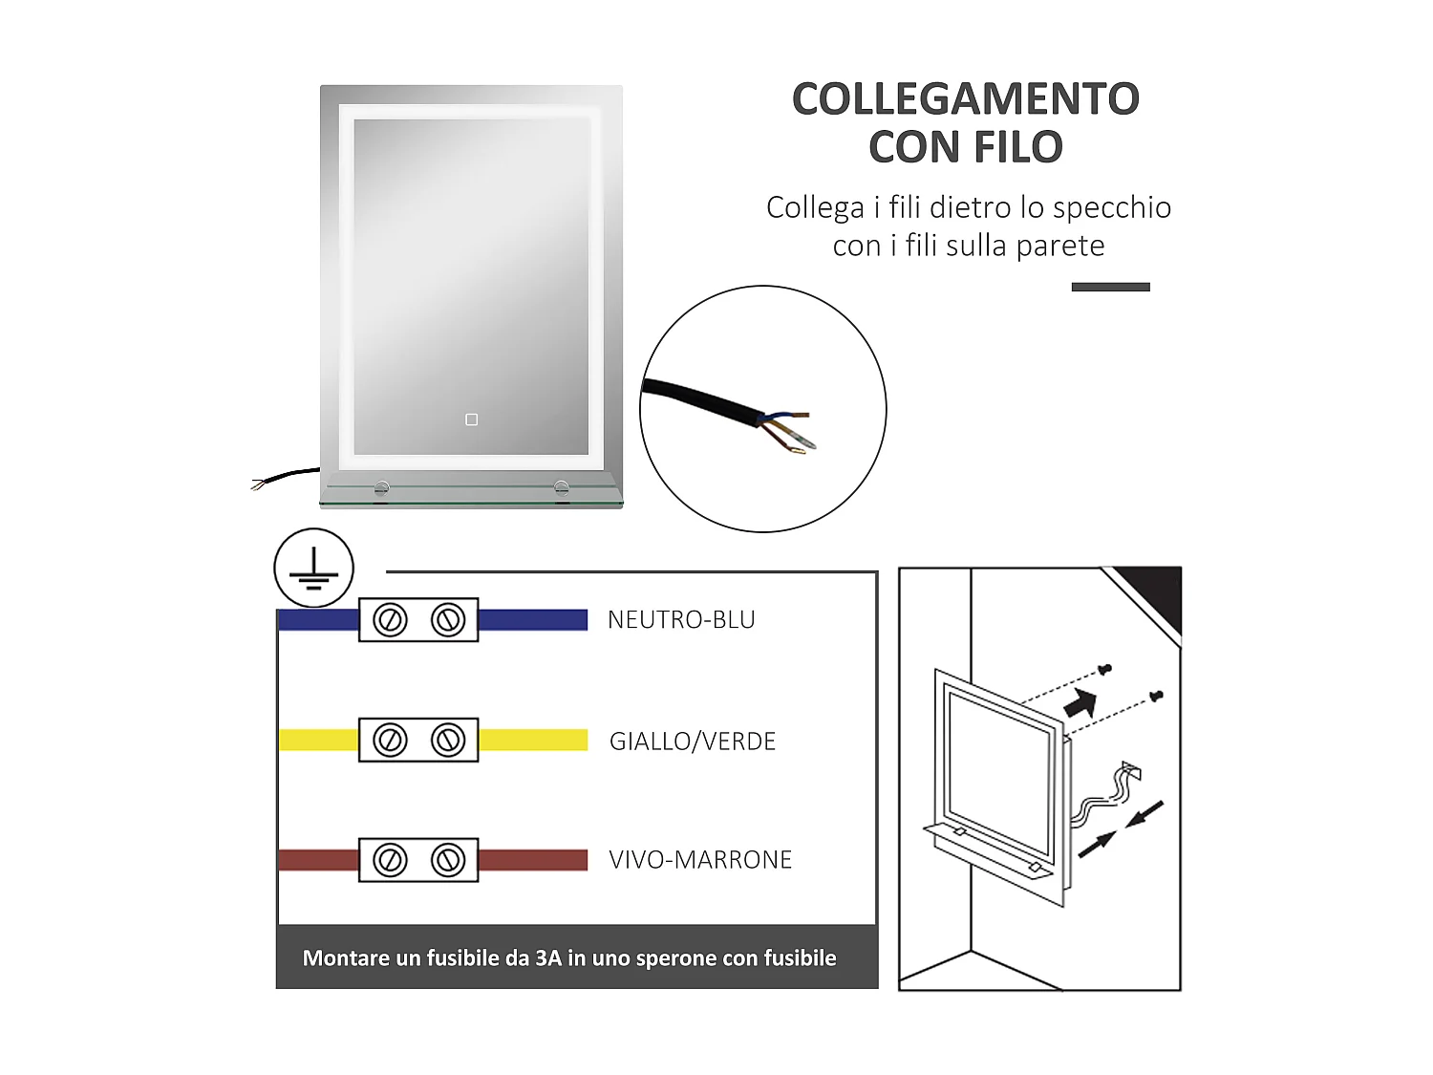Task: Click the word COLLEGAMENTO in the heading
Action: click(965, 99)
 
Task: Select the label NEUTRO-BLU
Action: click(681, 620)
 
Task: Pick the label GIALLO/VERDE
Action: click(693, 742)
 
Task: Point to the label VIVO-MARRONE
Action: click(700, 860)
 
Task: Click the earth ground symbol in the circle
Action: click(313, 569)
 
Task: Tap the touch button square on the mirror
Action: click(471, 419)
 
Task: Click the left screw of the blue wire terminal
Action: click(390, 620)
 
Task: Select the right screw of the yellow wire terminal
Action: click(448, 740)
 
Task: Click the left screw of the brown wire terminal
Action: click(390, 860)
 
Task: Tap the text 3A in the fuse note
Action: click(547, 958)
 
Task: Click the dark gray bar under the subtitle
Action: click(1110, 287)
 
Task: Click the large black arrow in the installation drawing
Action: click(1080, 704)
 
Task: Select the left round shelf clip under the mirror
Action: click(382, 488)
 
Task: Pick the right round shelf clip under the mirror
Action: click(562, 488)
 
